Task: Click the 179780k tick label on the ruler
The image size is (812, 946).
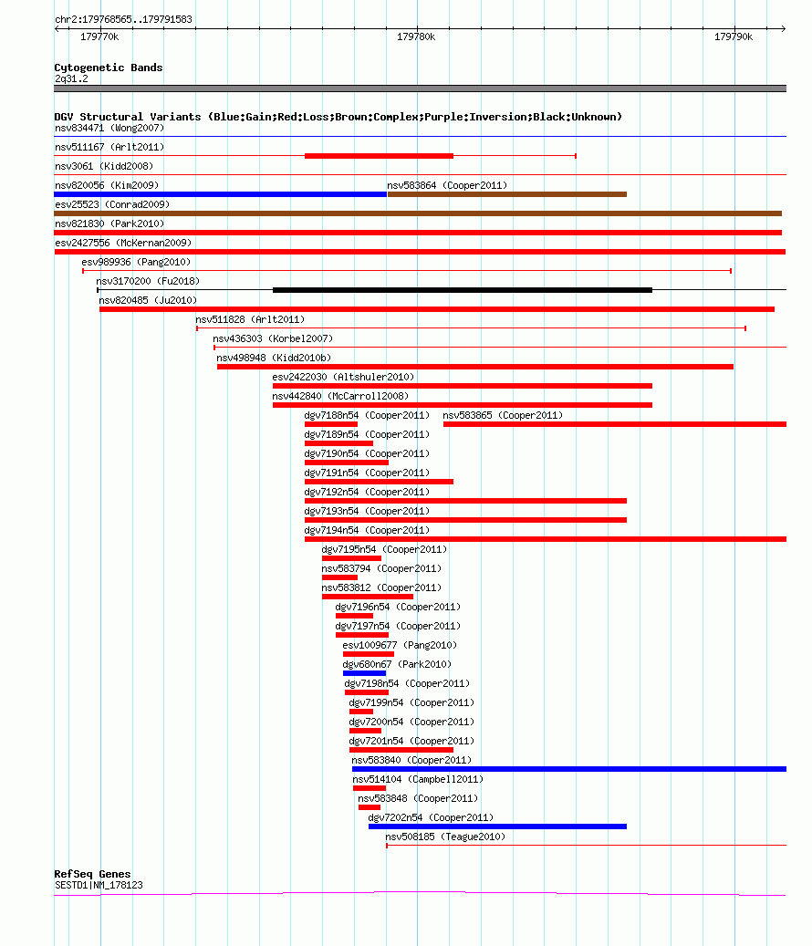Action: [x=416, y=37]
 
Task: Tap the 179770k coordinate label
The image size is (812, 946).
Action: [x=99, y=37]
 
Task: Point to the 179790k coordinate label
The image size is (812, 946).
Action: [x=734, y=37]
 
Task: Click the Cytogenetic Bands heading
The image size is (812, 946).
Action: [x=109, y=68]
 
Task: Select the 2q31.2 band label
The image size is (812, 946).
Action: [x=71, y=79]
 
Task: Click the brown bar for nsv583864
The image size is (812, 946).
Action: [x=506, y=194]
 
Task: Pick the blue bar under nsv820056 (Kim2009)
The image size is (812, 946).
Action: [x=220, y=194]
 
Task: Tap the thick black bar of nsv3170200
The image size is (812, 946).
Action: [x=462, y=290]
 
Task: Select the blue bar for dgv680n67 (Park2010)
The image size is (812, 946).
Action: [x=364, y=673]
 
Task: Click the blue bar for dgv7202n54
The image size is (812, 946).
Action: [x=498, y=826]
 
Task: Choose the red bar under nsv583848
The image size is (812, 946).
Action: [x=370, y=807]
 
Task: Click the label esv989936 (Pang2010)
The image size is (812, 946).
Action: [x=136, y=262]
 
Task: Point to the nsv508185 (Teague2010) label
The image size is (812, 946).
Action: [x=445, y=837]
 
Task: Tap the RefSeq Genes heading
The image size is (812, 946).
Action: [x=92, y=874]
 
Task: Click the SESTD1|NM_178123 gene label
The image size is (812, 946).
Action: [x=99, y=885]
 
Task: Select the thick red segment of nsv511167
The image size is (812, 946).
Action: [x=379, y=156]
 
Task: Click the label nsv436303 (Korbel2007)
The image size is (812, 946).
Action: [x=273, y=338]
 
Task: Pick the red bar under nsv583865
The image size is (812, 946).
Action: [x=615, y=425]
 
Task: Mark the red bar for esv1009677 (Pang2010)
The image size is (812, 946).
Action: [x=369, y=654]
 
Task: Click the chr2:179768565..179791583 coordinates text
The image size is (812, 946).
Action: [x=124, y=19]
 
